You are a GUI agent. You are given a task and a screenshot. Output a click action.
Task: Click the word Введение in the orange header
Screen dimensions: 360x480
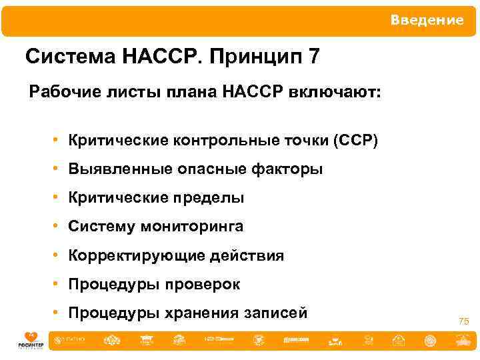pyautogui.click(x=427, y=20)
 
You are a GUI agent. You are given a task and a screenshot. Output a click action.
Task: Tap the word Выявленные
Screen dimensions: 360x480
pyautogui.click(x=120, y=169)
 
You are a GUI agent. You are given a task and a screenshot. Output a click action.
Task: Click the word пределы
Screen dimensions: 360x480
pyautogui.click(x=211, y=199)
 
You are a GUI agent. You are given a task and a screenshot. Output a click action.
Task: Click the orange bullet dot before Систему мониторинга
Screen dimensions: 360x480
pyautogui.click(x=59, y=227)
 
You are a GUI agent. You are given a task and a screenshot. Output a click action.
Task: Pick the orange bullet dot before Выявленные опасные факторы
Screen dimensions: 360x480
pyautogui.click(x=59, y=169)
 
